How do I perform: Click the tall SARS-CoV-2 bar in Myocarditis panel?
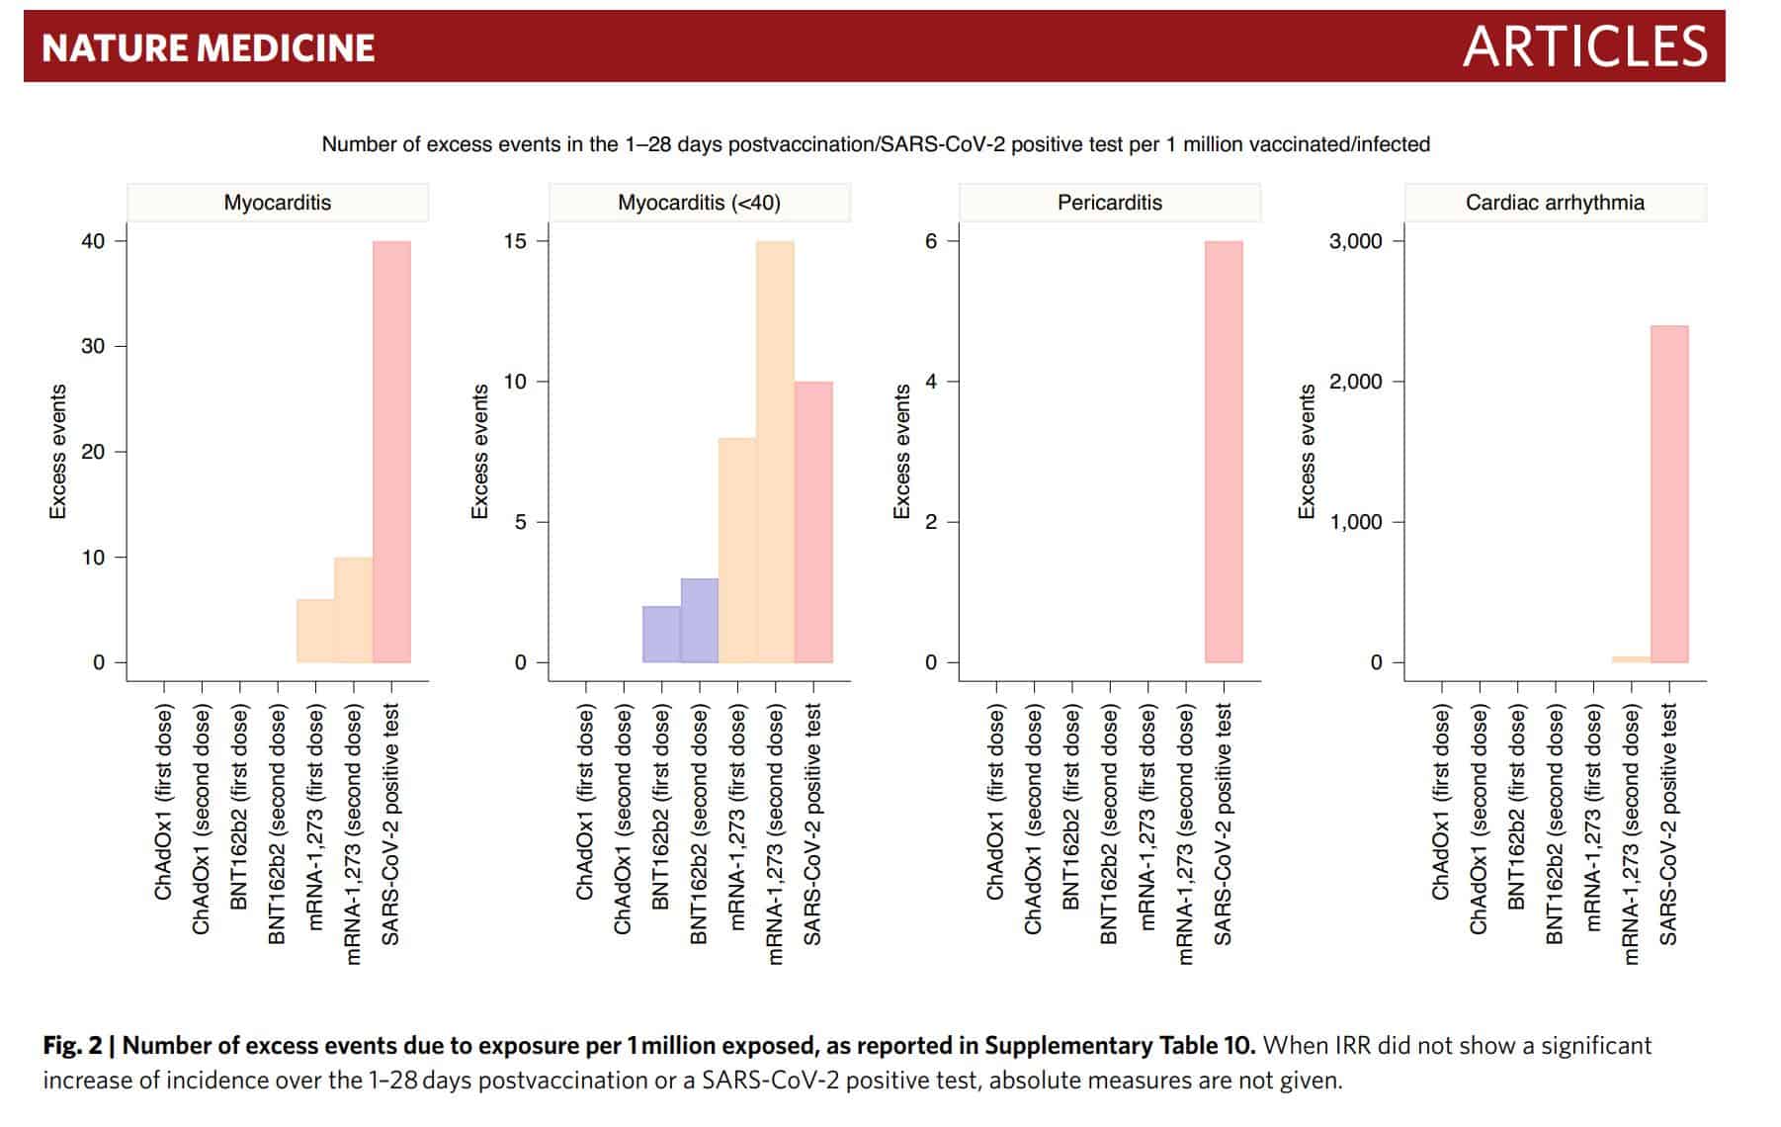point(391,451)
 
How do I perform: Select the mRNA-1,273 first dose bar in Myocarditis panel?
point(315,631)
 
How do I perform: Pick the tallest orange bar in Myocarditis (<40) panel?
point(775,451)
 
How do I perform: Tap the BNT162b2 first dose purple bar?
point(661,634)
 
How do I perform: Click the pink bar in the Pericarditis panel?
point(1224,451)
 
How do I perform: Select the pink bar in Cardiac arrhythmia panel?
point(1669,493)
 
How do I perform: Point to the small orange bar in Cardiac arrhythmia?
point(1631,658)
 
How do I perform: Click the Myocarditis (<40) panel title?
point(699,203)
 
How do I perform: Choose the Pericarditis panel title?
point(1109,203)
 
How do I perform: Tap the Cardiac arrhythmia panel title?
point(1555,203)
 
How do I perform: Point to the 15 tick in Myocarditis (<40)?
point(515,241)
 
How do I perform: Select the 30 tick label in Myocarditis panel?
point(93,346)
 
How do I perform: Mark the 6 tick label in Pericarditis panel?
point(930,241)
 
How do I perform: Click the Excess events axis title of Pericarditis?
point(901,451)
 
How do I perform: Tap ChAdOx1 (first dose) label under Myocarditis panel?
point(163,802)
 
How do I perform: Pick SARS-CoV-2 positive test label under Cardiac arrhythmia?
point(1668,824)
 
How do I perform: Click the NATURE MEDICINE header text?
point(209,47)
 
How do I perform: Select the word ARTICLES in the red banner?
point(1584,46)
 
